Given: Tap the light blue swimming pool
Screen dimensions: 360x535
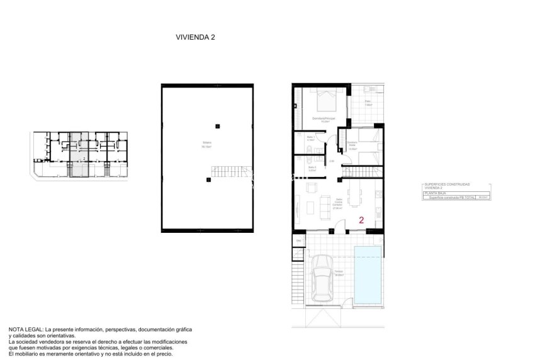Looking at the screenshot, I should coord(368,274).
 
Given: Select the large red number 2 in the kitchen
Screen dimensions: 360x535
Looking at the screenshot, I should coord(361,220).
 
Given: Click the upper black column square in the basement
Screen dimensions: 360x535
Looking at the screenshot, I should coord(217,123).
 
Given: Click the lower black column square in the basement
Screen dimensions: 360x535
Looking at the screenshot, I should coord(208,180).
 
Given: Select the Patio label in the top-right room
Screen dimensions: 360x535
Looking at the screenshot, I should coord(368,102).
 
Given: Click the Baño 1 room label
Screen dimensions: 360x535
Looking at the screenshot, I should coord(310,137).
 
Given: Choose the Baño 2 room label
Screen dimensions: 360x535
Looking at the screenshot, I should coord(311,169).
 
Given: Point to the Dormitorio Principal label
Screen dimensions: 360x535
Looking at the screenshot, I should coord(324,118).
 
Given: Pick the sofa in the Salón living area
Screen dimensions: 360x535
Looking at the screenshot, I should coord(326,205).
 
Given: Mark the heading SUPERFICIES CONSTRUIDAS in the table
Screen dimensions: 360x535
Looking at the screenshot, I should coord(446,184).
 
